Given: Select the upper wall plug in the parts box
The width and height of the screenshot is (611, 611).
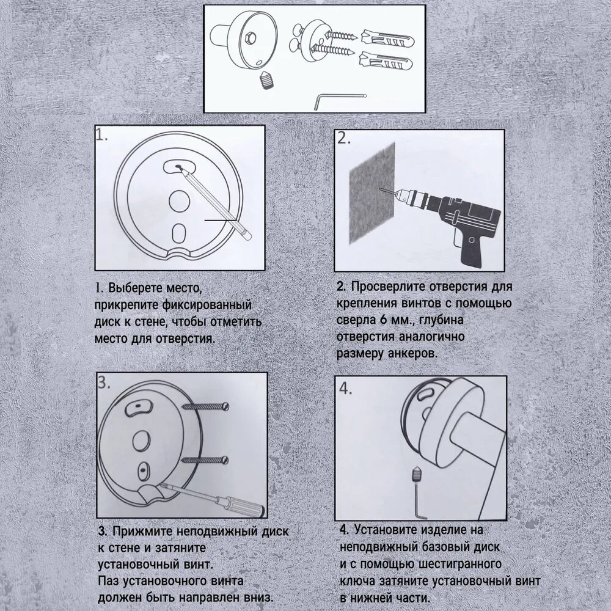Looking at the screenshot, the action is [x=387, y=38].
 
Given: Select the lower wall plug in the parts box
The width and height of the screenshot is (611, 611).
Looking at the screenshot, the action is [x=385, y=60].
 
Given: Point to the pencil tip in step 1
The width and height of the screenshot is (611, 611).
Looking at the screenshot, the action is [x=178, y=167].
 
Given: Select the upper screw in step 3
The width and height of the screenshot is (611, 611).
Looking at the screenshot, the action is [x=205, y=407].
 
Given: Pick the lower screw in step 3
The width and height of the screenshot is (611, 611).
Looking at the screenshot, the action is [x=205, y=461].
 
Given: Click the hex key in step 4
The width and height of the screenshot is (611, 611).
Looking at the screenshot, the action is [x=419, y=503].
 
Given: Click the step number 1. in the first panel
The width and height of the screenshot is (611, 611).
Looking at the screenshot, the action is [x=102, y=136].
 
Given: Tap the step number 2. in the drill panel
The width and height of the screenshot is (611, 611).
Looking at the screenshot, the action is [x=344, y=138].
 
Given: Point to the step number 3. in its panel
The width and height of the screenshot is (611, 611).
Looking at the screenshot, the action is [x=104, y=382].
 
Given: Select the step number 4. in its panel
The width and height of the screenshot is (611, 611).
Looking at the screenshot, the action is [x=346, y=388].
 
